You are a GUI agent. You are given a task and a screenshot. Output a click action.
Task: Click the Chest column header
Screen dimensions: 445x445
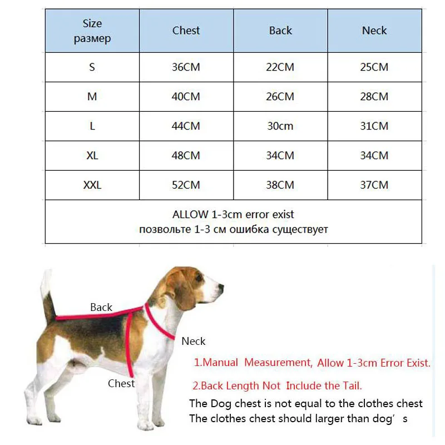tap(186, 31)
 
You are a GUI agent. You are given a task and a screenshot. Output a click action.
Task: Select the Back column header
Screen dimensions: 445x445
tap(280, 31)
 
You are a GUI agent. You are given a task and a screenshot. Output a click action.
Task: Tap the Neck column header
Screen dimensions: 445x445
tap(374, 31)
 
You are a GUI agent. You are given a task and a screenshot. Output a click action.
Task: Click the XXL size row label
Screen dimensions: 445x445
tap(92, 185)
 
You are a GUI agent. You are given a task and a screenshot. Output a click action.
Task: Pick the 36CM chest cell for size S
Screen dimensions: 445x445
tap(186, 67)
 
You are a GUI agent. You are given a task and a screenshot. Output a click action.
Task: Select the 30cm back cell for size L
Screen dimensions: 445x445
tap(280, 126)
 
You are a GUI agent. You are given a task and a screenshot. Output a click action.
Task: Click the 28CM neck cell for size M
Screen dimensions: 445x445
tap(374, 97)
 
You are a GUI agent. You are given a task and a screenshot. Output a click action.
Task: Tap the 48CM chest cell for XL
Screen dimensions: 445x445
tap(186, 156)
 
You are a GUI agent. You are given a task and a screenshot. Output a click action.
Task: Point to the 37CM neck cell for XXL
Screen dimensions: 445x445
tap(374, 185)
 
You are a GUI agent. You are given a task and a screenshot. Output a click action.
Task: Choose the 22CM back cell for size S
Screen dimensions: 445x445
tap(280, 67)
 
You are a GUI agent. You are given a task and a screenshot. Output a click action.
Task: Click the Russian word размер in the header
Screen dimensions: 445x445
tap(92, 39)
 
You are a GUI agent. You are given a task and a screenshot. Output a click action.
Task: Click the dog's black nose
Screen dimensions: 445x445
tap(221, 288)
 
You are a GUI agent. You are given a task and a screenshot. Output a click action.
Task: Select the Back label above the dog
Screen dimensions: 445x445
tap(101, 307)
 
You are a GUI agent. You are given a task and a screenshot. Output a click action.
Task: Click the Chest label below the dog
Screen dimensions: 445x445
tap(121, 383)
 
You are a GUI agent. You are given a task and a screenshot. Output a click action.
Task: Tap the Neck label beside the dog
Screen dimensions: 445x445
tap(194, 341)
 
